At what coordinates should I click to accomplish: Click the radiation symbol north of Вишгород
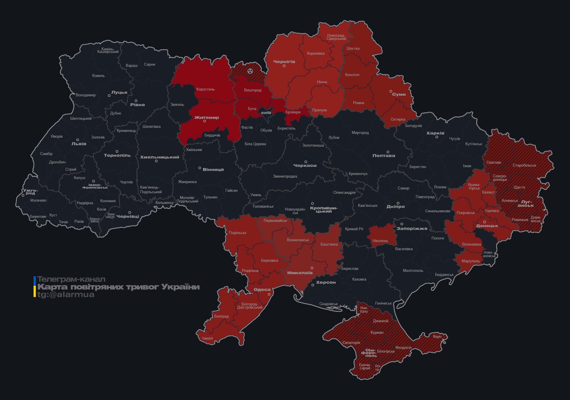(x=250, y=71)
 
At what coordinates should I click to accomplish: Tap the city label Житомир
(x=206, y=117)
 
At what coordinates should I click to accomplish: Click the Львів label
(x=79, y=143)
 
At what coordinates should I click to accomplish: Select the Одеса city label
(x=262, y=290)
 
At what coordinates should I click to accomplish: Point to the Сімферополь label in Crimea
(x=369, y=353)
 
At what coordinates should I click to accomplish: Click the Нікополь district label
(x=380, y=241)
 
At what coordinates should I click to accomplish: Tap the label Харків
(x=435, y=133)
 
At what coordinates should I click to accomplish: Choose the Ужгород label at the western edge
(x=30, y=192)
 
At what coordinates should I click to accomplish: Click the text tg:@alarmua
(x=66, y=294)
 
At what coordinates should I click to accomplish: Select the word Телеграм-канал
(x=71, y=279)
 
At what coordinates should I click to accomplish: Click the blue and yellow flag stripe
(x=35, y=287)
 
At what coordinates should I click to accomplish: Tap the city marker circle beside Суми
(x=391, y=91)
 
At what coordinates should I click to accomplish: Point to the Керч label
(x=437, y=336)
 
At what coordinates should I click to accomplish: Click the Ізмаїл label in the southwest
(x=208, y=338)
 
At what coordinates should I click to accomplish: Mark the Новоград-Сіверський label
(x=336, y=37)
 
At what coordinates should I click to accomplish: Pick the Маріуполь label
(x=471, y=261)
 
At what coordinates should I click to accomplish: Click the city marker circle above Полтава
(x=388, y=152)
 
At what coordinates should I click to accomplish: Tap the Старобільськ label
(x=524, y=165)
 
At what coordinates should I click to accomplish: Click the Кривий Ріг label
(x=354, y=229)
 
